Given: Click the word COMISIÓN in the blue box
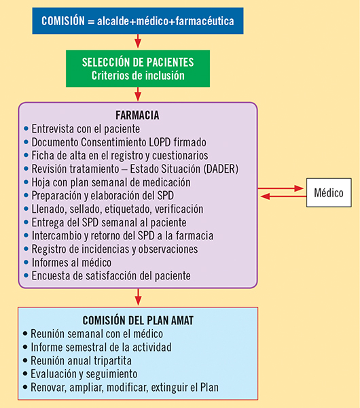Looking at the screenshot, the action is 63,21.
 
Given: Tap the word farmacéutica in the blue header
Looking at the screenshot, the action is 204,21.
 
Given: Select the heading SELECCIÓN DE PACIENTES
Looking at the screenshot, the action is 138,62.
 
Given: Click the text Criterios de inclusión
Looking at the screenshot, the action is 138,75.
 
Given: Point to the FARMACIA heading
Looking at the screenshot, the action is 137,116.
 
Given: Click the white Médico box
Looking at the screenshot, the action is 329,192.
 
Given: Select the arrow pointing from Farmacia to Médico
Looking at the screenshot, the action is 281,188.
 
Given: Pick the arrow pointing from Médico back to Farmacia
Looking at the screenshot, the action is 283,197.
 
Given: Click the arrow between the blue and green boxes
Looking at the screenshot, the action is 138,41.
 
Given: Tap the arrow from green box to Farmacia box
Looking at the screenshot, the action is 138,94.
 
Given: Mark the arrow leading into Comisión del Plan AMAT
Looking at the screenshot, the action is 139,296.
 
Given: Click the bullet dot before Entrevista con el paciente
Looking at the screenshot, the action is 26,129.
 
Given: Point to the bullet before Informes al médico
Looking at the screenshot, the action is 26,262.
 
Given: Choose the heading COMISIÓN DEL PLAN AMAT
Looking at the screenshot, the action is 138,320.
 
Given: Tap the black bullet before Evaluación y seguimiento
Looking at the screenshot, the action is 25,374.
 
